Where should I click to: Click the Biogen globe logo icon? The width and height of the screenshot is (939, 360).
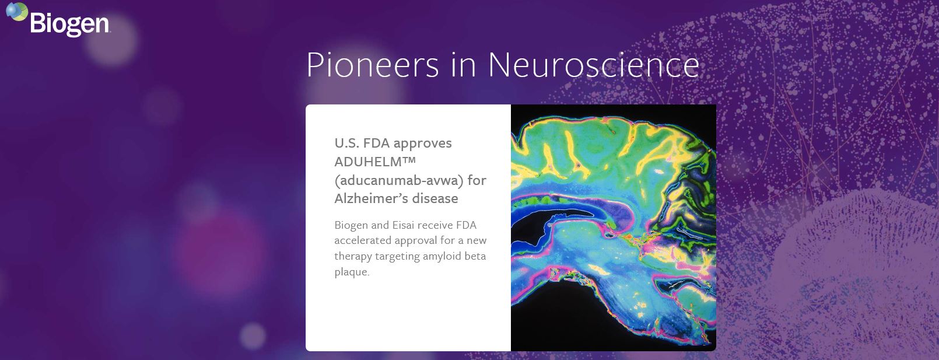17,11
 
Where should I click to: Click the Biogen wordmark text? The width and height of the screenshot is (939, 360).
69,25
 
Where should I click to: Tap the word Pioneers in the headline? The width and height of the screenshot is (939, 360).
373,65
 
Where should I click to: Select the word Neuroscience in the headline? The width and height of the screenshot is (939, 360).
594,65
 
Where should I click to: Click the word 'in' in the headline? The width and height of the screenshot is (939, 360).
463,65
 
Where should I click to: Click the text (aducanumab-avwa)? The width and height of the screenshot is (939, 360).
399,180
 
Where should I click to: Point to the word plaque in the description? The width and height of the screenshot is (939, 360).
352,272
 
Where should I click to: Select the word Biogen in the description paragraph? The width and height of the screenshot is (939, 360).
351,226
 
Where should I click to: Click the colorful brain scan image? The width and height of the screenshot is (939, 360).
614,228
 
